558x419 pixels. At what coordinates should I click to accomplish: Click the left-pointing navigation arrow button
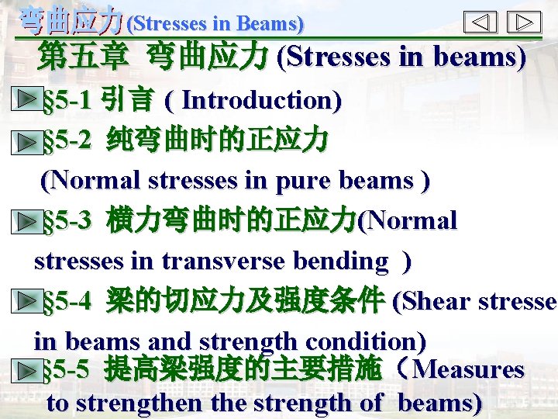[480, 22]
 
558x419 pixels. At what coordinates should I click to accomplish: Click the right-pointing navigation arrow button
[523, 22]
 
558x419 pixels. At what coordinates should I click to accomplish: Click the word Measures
[470, 369]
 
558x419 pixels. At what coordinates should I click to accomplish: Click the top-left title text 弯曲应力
[70, 20]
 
